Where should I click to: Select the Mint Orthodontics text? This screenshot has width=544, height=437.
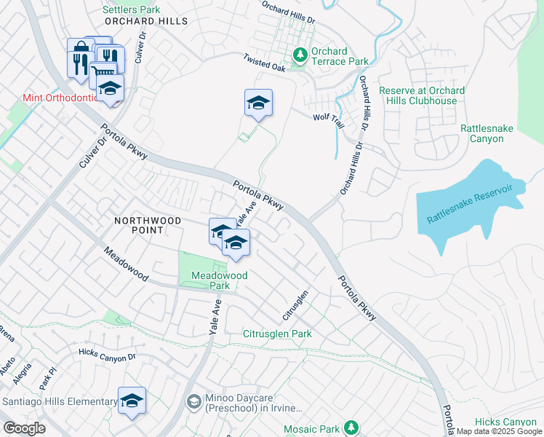pos(60,98)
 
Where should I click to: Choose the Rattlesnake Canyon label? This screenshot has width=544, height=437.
pos(487,133)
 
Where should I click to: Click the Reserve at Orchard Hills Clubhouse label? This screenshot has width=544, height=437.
pos(422,95)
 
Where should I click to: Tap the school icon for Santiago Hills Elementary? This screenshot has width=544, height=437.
pos(132,401)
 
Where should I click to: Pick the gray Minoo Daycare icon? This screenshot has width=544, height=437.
pos(193,401)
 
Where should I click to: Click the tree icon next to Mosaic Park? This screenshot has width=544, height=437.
pos(351,426)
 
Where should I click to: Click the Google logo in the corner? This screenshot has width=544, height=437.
pos(24,428)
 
